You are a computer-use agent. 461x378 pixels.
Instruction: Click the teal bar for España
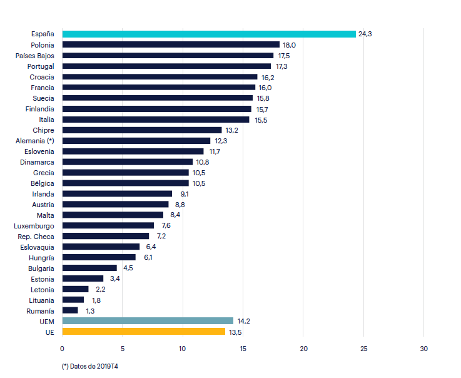click(209, 34)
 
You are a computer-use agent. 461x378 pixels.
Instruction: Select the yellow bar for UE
click(144, 332)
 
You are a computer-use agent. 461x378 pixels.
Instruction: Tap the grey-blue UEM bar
click(148, 321)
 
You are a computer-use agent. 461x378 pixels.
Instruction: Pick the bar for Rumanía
click(70, 310)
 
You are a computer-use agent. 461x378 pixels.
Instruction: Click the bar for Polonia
click(171, 44)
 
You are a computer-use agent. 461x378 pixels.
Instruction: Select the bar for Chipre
click(142, 130)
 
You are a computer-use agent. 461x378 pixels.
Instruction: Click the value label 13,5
click(235, 332)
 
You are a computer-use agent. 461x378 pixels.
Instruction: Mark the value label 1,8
click(96, 300)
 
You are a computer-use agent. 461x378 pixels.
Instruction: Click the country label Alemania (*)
click(35, 141)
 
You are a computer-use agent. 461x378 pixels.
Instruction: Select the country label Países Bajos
click(35, 56)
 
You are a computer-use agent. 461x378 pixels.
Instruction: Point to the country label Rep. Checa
click(36, 237)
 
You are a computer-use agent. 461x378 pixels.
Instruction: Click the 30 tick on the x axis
click(423, 348)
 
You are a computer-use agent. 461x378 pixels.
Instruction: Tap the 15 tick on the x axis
click(243, 348)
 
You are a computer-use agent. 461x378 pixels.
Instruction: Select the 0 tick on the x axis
click(62, 348)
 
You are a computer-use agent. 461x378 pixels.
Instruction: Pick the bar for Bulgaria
click(89, 268)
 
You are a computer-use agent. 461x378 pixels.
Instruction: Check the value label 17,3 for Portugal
click(281, 66)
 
